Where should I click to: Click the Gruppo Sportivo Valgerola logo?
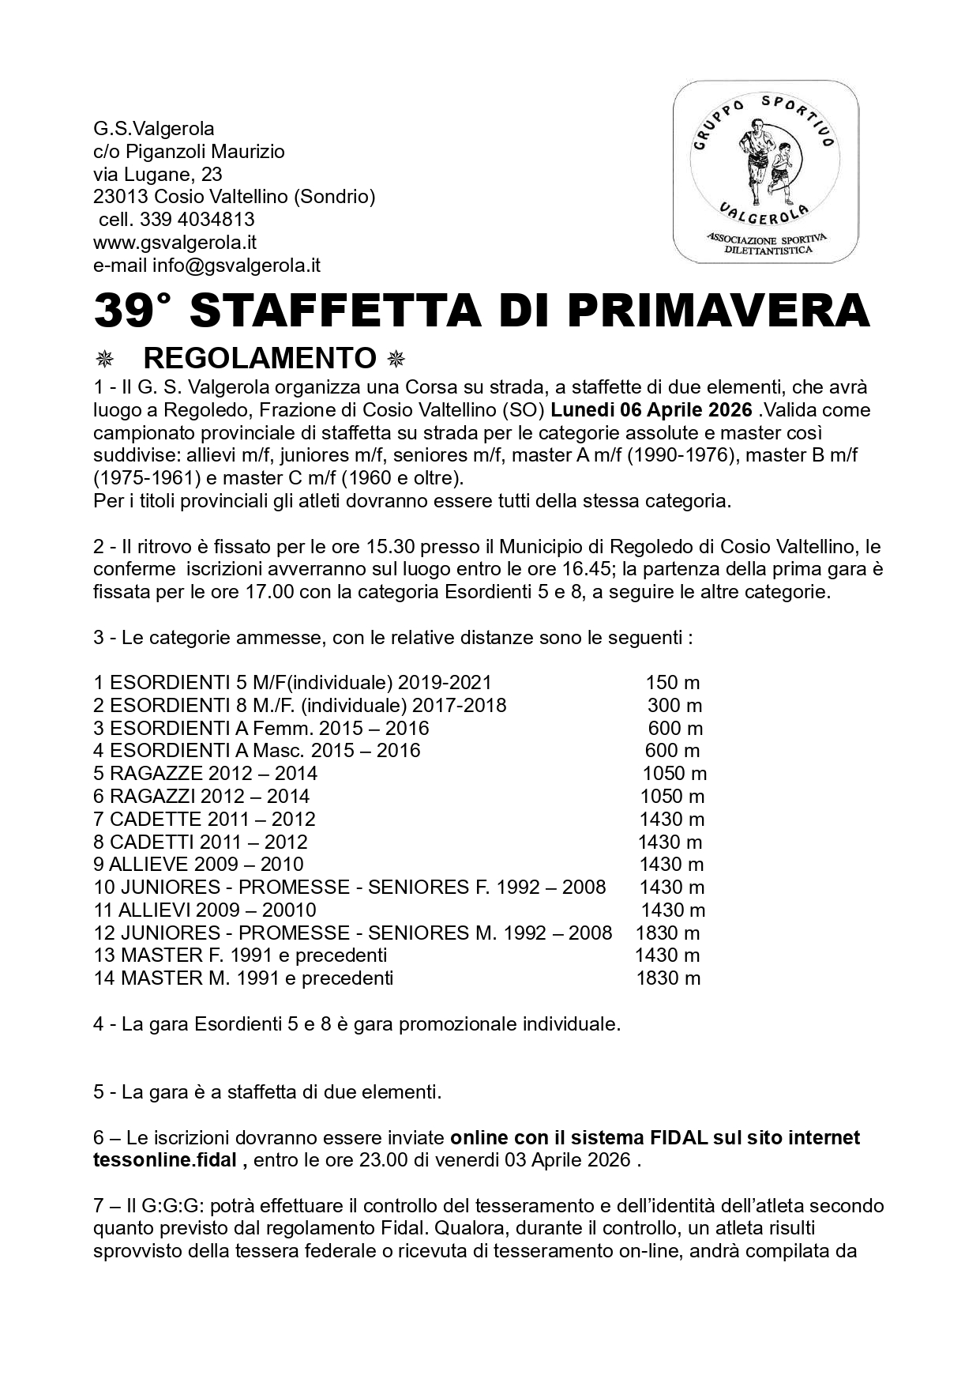point(765,171)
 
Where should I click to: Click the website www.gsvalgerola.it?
point(175,242)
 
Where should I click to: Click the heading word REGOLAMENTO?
point(260,358)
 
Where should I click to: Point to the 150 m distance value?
point(672,682)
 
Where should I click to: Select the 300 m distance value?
point(674,705)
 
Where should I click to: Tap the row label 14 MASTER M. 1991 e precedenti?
point(243,978)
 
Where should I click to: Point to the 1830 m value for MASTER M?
point(668,978)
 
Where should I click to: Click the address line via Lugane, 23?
point(158,174)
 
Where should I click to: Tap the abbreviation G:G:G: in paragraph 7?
point(174,1206)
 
